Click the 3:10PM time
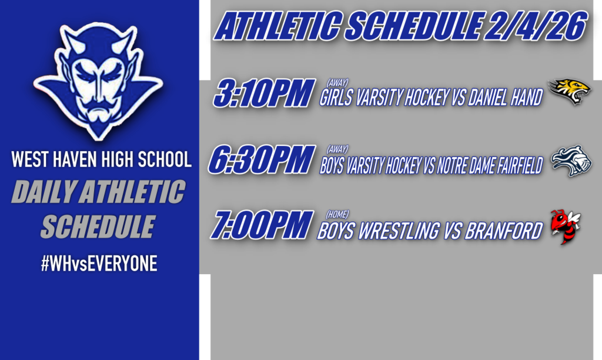[x=262, y=94]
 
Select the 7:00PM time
[x=261, y=225]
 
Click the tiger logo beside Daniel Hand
[x=569, y=92]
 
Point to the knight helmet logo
[x=571, y=161]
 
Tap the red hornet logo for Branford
[x=565, y=226]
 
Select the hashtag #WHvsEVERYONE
[x=99, y=264]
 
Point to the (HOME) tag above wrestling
[x=338, y=214]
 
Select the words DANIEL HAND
[x=505, y=98]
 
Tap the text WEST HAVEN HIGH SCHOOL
[x=101, y=160]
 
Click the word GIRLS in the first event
[x=337, y=98]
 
